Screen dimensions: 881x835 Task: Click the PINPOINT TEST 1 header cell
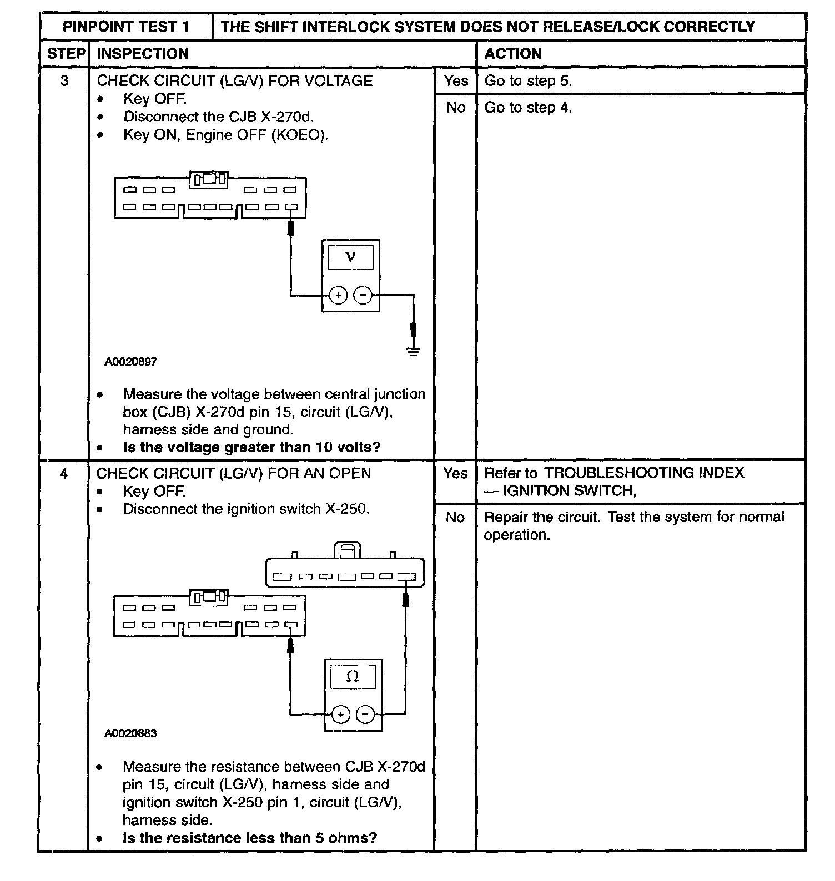(x=126, y=27)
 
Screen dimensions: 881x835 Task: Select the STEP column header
(x=66, y=54)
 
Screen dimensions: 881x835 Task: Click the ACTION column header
(x=513, y=54)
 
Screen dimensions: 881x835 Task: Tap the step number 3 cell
(x=64, y=81)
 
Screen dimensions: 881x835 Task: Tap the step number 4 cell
(x=64, y=474)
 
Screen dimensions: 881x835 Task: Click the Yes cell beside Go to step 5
(x=456, y=81)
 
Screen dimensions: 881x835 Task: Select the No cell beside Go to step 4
(x=456, y=108)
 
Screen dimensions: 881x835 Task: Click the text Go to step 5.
(x=528, y=81)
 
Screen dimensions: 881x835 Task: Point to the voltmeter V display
(x=350, y=257)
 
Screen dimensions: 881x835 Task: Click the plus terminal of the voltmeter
(x=338, y=295)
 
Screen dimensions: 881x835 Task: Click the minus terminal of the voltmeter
(x=363, y=295)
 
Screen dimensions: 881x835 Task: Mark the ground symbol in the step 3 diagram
(x=413, y=351)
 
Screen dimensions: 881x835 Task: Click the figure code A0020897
(x=131, y=362)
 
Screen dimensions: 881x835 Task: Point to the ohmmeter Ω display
(x=353, y=676)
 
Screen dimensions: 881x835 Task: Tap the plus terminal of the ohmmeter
(x=340, y=715)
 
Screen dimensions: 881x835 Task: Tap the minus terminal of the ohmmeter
(x=365, y=715)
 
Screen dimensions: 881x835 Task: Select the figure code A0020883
(x=131, y=733)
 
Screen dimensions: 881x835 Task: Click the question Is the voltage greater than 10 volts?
(x=251, y=447)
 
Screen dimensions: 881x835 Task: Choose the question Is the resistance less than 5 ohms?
(x=250, y=838)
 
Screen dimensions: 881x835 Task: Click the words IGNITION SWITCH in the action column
(x=569, y=491)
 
